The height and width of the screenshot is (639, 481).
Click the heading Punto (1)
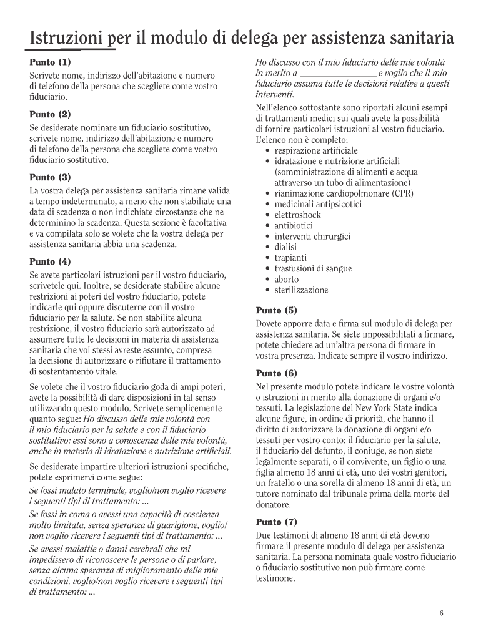coord(51,62)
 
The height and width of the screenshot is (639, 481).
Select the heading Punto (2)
coord(51,115)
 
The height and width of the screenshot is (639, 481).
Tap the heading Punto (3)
coord(51,177)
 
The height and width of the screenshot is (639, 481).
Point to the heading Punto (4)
coord(51,261)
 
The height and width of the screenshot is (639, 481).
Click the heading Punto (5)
coord(277,310)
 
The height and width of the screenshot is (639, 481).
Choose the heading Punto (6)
coord(277,373)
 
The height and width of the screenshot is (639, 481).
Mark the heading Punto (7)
coord(277,522)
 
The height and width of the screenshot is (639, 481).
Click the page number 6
coord(441,613)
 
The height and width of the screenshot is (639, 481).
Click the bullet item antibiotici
coord(294,225)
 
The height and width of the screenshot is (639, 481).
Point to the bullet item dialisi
coord(286,247)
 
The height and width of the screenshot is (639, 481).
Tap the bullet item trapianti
coord(290,258)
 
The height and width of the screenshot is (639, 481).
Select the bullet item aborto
coord(287,279)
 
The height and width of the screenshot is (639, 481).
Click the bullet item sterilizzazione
coord(301,290)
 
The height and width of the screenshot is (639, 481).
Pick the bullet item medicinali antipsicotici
coord(318,204)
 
